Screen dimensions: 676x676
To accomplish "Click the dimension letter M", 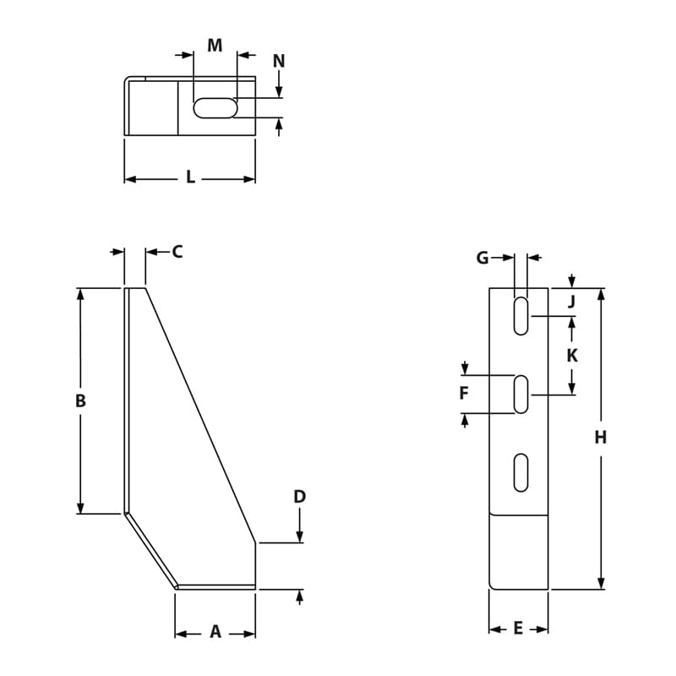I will point(215,45).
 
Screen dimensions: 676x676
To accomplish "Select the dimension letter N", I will point(279,61).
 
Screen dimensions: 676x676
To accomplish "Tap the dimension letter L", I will point(190,177).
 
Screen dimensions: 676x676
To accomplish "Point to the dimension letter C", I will point(177,251).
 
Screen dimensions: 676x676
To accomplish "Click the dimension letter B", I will point(80,401).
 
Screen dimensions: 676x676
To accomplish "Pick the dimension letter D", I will point(299,497).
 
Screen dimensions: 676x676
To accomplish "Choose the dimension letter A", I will point(215,631).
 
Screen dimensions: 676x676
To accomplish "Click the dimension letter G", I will point(482,258).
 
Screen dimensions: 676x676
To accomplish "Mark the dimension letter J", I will point(571,302).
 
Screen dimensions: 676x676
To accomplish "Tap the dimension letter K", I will point(572,356).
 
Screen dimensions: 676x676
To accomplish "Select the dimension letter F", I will point(464,394).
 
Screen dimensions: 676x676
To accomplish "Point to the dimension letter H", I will point(601,437).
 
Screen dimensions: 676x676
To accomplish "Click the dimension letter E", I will point(518,628).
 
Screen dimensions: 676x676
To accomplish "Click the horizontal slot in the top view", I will point(215,107).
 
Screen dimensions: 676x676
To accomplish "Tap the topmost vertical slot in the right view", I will point(521,315).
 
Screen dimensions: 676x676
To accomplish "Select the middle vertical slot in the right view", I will point(521,395).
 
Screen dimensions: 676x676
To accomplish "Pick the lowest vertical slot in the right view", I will point(521,472).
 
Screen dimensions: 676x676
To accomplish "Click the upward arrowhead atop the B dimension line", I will point(80,294).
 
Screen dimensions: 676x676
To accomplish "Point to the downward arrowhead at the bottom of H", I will point(601,583).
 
